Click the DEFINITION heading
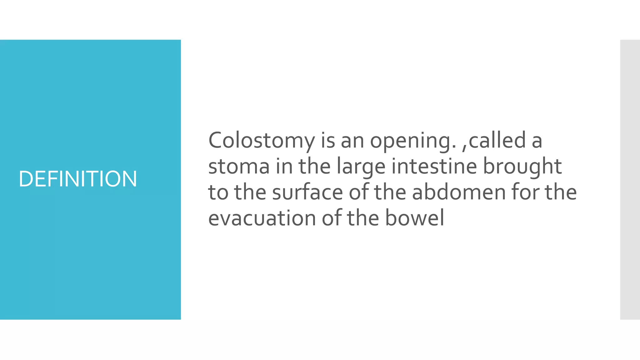(x=78, y=179)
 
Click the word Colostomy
(x=262, y=141)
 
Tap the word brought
(x=522, y=166)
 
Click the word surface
(x=307, y=192)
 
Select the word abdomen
(x=459, y=192)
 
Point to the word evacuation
(x=262, y=218)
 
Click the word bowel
(x=414, y=218)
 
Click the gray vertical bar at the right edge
(x=630, y=179)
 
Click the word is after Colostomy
(x=328, y=141)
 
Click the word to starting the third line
(x=218, y=192)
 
